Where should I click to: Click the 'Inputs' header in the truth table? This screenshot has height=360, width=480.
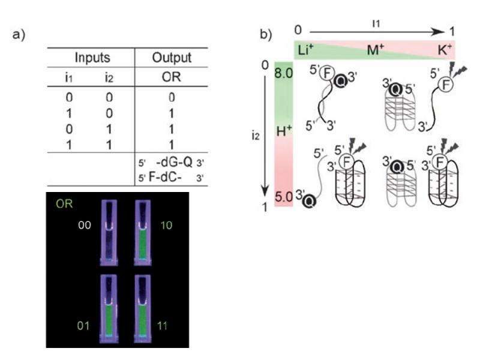point(92,58)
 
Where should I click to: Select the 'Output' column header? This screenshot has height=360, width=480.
point(172,58)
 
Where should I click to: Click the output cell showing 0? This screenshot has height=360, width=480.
point(172,97)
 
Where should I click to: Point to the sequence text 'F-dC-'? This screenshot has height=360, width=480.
point(163,178)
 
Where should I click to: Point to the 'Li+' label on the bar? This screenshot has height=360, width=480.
point(305,49)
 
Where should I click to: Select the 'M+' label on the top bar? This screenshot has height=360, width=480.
point(376,49)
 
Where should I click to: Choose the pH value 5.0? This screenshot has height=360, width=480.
point(283,196)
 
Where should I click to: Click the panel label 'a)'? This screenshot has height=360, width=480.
point(19,35)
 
